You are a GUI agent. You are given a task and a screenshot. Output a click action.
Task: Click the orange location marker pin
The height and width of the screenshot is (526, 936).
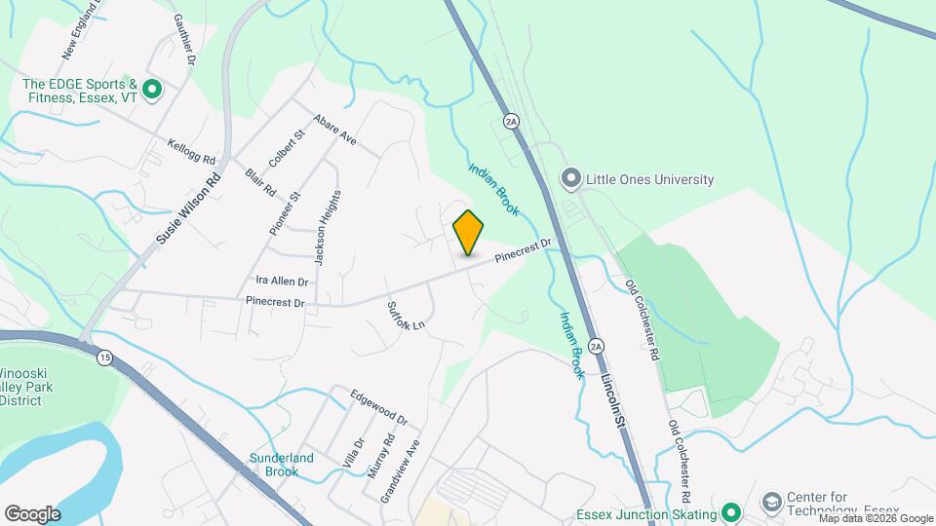click(468, 233)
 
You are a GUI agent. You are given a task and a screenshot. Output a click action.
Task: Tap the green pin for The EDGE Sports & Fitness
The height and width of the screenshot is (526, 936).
click(151, 91)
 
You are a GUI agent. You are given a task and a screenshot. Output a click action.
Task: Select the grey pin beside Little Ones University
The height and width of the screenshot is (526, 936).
click(570, 179)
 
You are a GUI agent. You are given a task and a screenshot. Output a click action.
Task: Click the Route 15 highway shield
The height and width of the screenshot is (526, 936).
click(103, 358)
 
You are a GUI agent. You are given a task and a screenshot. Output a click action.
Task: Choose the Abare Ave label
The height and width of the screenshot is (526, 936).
click(334, 131)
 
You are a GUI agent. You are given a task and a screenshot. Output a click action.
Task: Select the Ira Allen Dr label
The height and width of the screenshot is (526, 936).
click(283, 281)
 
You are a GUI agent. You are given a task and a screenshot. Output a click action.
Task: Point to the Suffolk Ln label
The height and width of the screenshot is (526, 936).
click(408, 312)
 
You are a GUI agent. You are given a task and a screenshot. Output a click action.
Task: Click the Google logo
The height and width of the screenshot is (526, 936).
click(32, 513)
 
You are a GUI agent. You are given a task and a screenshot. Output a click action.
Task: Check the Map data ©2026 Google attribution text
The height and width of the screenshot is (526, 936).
click(876, 519)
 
